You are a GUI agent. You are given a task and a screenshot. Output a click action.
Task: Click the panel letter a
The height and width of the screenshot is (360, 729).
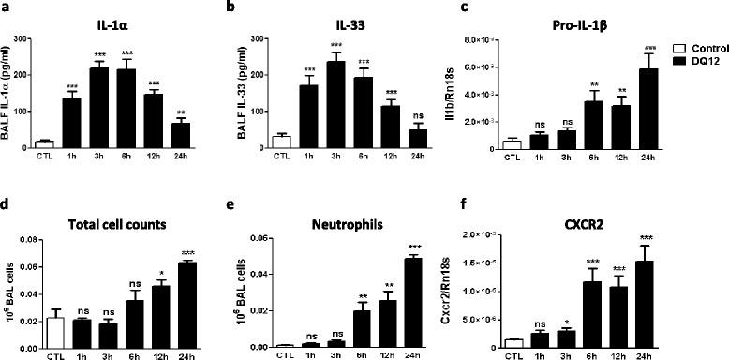point(7,7)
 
